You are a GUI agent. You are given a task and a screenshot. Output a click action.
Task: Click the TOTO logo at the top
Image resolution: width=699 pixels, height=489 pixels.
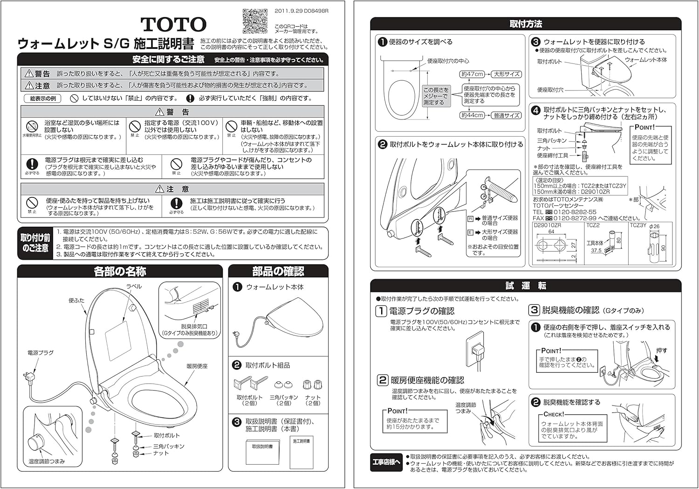coord(173,24)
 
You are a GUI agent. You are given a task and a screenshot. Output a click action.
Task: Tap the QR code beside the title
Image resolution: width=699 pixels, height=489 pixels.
coord(255,21)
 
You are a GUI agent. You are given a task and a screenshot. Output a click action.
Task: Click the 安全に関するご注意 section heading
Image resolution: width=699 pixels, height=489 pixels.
coord(168,59)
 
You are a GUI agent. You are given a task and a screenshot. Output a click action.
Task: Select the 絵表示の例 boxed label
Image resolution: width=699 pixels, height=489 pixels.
coord(43,98)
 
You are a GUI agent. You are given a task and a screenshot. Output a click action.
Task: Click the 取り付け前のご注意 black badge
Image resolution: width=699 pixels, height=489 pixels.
coord(35,243)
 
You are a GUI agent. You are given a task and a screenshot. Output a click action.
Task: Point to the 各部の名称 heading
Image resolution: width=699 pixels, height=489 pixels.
coord(120,271)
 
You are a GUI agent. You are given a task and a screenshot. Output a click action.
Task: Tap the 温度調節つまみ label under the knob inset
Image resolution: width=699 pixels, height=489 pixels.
coord(47,461)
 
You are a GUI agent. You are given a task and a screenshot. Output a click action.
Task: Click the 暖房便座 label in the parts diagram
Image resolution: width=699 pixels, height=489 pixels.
coord(197,366)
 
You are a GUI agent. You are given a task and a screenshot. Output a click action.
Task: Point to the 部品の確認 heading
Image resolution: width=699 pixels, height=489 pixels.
coord(278,271)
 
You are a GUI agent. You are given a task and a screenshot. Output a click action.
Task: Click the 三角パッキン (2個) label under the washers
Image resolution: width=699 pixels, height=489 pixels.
coord(283,400)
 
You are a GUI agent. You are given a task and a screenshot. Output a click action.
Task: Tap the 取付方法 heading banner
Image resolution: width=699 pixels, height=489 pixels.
coord(525,24)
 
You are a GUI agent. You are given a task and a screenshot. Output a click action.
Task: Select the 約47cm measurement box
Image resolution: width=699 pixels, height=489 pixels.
coord(472,74)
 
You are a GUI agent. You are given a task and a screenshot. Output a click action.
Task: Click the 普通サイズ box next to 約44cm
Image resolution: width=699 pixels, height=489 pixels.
coord(507,115)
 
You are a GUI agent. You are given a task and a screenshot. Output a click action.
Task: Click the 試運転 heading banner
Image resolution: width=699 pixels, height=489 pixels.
coord(525,286)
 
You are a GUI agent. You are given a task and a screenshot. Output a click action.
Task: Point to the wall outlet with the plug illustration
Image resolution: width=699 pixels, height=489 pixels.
coord(477,349)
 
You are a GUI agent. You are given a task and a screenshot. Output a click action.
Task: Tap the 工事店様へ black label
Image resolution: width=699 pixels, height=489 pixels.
coord(386,462)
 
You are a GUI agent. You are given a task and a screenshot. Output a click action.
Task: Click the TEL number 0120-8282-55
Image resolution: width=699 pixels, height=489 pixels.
coord(571,212)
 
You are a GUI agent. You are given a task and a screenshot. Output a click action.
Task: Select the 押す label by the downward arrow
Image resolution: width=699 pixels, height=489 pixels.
coord(661,350)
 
